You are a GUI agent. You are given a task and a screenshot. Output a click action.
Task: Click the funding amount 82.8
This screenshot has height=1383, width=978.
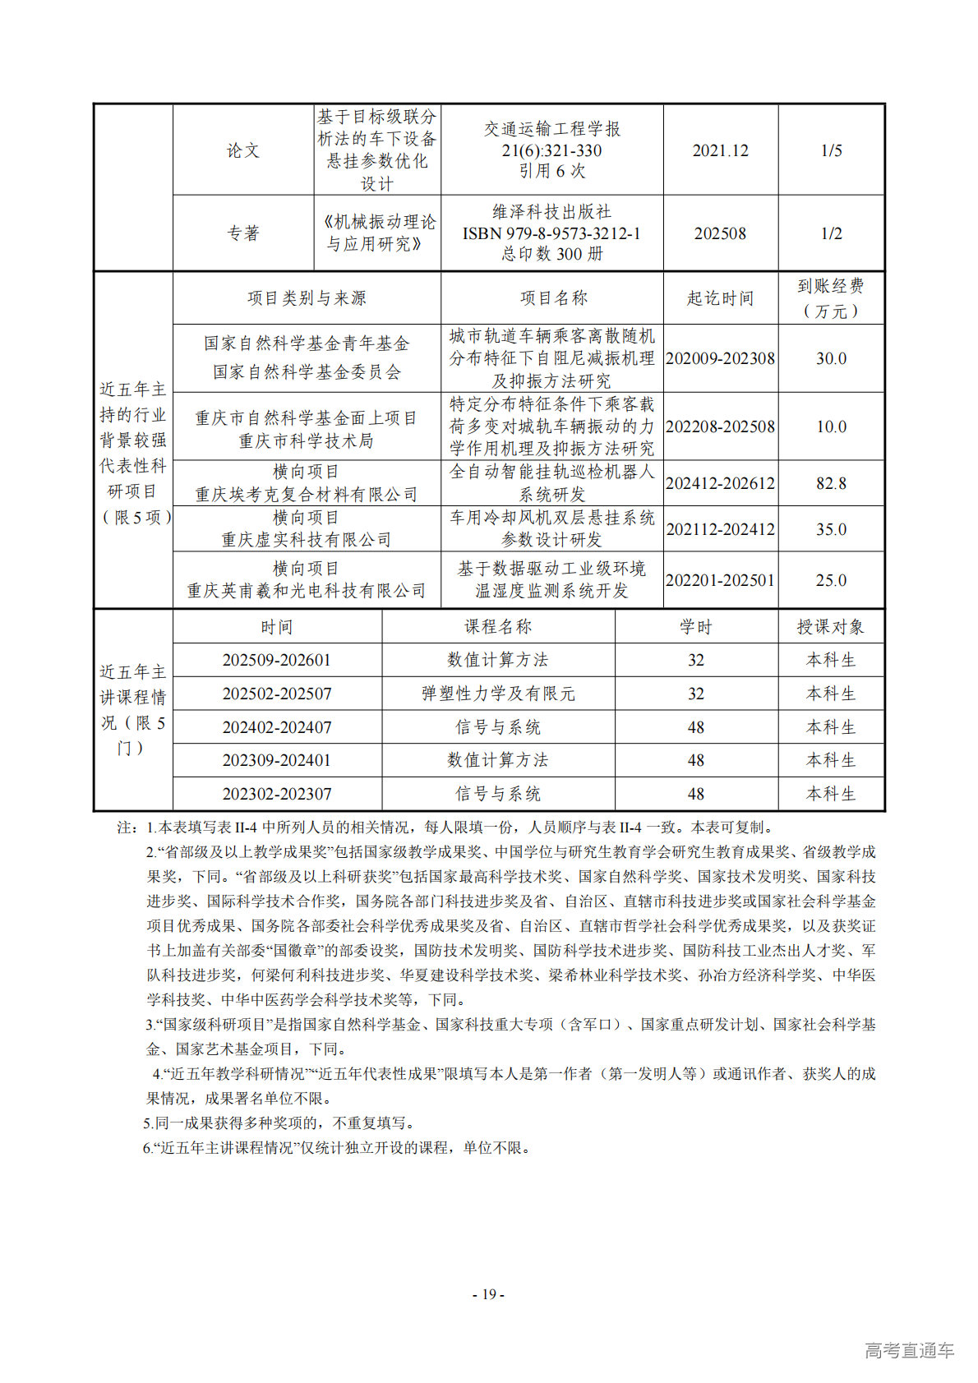tap(831, 483)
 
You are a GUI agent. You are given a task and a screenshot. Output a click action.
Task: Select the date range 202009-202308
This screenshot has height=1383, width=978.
tap(720, 358)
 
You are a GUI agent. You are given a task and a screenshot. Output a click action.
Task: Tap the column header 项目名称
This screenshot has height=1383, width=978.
tap(553, 298)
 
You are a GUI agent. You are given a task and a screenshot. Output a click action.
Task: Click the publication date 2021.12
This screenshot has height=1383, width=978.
tap(720, 150)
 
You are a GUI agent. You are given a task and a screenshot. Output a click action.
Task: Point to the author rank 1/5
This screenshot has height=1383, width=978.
tap(831, 150)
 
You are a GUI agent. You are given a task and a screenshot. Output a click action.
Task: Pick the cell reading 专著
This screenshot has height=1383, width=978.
tap(243, 233)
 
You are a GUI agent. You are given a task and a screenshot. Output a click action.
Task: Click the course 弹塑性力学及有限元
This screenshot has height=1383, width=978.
tap(498, 694)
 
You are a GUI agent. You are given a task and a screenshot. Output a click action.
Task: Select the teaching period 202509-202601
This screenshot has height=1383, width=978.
tap(277, 660)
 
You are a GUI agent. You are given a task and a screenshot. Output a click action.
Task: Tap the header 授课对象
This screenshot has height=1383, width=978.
tap(831, 627)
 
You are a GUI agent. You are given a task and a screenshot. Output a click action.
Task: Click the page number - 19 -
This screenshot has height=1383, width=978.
tap(488, 1294)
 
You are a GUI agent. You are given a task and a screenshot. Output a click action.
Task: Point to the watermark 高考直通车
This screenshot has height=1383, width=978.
tap(909, 1350)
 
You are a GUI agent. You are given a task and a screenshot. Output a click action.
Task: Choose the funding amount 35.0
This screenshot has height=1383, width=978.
tap(831, 529)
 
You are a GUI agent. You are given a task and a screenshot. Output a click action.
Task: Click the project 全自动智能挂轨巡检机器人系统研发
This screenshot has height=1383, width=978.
tap(552, 483)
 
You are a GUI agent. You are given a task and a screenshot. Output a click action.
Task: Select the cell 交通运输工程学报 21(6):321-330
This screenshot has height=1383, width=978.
tap(552, 150)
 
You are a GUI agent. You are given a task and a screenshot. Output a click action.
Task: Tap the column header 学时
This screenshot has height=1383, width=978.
tap(695, 627)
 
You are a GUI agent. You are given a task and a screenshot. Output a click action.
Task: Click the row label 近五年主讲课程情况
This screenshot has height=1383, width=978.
tap(133, 710)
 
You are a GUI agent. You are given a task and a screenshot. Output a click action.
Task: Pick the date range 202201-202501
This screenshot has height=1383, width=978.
tap(720, 580)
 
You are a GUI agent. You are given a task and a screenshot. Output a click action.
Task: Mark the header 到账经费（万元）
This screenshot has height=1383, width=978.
tap(831, 298)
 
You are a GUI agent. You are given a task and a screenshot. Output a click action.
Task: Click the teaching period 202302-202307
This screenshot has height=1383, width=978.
tap(277, 794)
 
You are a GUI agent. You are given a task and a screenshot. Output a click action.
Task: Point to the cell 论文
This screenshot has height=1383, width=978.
tap(243, 150)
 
